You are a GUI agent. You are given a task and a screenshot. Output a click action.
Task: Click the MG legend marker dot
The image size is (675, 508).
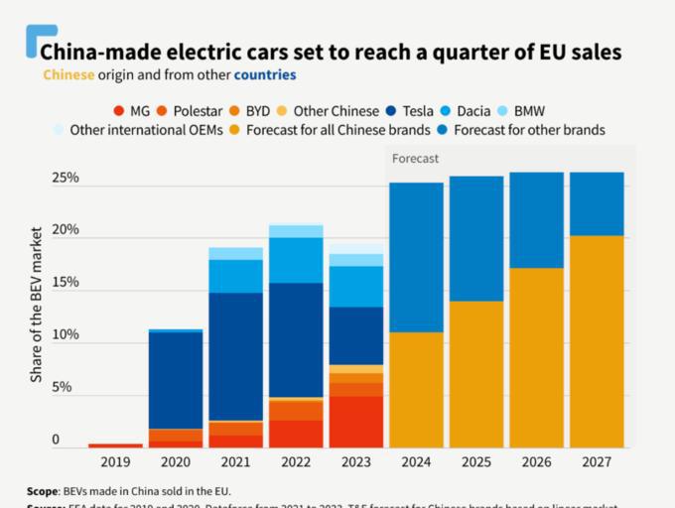coord(119,110)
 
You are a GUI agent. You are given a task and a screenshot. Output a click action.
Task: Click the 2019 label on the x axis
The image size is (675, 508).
coord(115,462)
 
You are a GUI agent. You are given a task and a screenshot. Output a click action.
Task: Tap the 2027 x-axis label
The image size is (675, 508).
coord(596,462)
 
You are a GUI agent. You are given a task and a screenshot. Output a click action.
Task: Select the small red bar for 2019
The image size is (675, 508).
coord(115,445)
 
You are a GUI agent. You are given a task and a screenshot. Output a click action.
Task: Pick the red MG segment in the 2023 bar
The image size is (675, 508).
coord(355,422)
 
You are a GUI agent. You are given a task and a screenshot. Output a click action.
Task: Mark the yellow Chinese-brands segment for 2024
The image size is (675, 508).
coord(416,390)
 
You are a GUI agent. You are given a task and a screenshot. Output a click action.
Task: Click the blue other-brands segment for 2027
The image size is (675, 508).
coord(596,203)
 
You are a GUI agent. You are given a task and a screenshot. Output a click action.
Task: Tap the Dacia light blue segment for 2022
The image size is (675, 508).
coord(295,260)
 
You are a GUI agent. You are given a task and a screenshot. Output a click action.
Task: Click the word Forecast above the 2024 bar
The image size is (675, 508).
coord(415,159)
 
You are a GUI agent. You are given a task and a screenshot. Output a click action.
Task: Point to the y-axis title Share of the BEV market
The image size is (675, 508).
coord(37,304)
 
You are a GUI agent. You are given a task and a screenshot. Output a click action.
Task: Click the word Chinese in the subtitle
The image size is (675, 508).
coord(68,74)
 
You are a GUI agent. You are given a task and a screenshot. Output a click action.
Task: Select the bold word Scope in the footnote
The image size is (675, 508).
coord(45,491)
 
